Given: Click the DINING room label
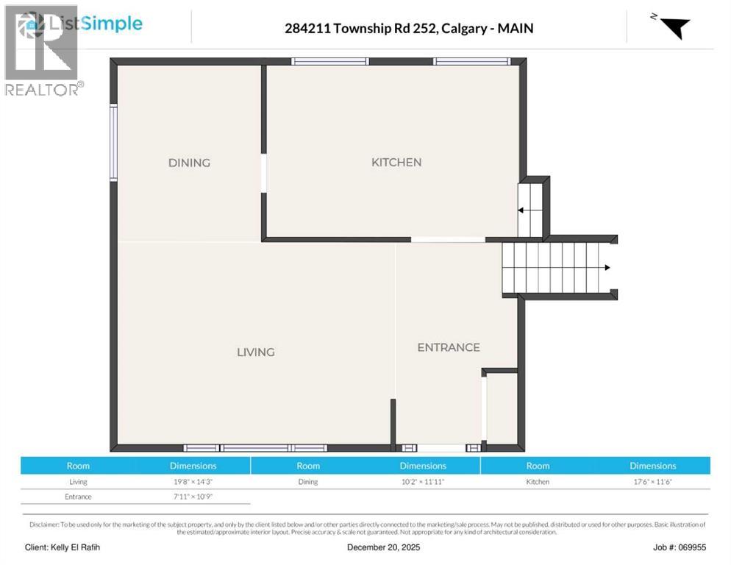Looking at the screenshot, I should (x=189, y=163).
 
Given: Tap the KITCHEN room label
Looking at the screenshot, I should (x=396, y=162).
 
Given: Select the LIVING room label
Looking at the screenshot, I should (x=255, y=352).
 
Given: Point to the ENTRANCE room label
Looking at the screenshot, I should (x=449, y=347).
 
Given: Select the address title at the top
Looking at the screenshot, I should (x=408, y=29).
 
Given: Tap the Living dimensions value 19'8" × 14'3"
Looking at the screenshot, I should (x=193, y=482).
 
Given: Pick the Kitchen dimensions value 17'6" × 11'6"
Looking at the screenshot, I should (x=652, y=482).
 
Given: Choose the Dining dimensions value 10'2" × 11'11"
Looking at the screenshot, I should (x=423, y=482).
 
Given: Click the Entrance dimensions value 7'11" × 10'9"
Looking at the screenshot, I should (x=193, y=497).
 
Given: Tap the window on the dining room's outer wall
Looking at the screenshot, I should (x=113, y=143).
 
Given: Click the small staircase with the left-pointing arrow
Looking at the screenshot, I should (x=529, y=210).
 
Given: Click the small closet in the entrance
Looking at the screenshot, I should (x=502, y=409).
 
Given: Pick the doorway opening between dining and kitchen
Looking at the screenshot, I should (x=263, y=174).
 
